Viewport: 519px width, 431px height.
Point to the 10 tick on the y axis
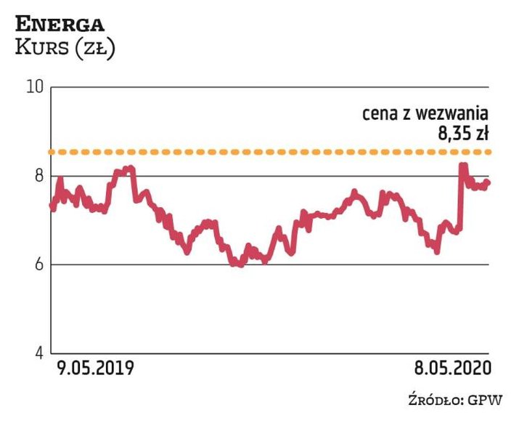pos(36,87)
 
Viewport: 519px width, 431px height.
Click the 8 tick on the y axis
pos(38,176)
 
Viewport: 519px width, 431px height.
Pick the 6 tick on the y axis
pos(38,265)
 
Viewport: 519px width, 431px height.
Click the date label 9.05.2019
pos(94,368)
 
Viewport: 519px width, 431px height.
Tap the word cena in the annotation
pos(377,115)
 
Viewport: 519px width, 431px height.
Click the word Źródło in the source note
pos(433,399)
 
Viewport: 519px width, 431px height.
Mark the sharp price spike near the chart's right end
pos(462,166)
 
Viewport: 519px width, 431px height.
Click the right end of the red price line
pos(489,182)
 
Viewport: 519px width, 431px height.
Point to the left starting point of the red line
pos(52,206)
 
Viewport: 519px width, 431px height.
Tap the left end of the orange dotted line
pos(52,152)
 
